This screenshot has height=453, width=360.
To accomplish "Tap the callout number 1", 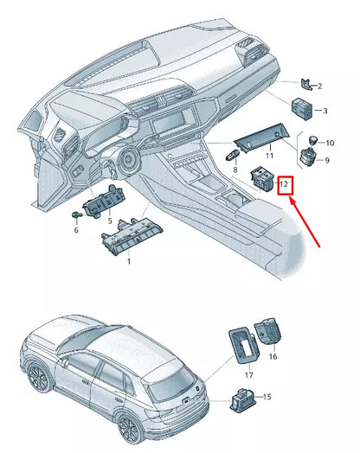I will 130,260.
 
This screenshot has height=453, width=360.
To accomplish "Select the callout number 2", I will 319,86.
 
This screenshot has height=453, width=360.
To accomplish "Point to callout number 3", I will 324,112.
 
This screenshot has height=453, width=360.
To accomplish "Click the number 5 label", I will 110,222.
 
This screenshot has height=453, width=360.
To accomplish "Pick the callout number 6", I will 75,231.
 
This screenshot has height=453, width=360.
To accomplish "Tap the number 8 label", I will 234,171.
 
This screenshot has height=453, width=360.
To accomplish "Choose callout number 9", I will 326,160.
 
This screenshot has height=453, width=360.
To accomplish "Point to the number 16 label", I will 273,355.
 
